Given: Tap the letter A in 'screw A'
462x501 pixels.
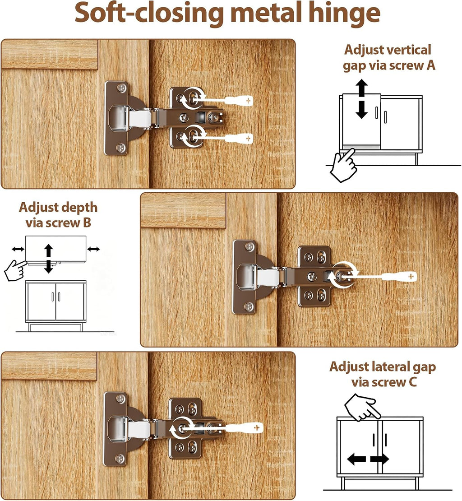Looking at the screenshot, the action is pyautogui.click(x=431, y=65).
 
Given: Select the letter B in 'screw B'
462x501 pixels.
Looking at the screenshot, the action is pyautogui.click(x=87, y=223).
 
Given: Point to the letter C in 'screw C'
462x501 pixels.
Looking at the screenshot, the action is pyautogui.click(x=412, y=382).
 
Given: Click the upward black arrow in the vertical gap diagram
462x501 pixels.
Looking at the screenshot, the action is pyautogui.click(x=361, y=88).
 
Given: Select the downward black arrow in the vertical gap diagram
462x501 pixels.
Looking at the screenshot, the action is pyautogui.click(x=361, y=110).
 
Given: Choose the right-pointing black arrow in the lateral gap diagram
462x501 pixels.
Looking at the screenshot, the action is pyautogui.click(x=379, y=459).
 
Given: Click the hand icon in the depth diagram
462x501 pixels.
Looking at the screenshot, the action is pyautogui.click(x=16, y=270).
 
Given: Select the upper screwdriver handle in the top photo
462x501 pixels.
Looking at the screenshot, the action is pyautogui.click(x=240, y=101).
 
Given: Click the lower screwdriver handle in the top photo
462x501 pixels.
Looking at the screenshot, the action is pyautogui.click(x=240, y=139).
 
